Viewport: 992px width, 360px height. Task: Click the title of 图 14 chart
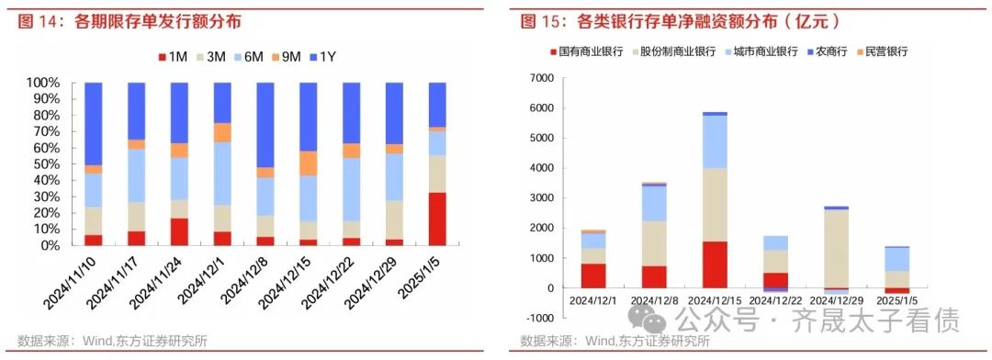(x=130, y=20)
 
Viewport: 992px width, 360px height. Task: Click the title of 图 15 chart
(x=681, y=20)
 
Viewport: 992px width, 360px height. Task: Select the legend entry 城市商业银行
(x=759, y=52)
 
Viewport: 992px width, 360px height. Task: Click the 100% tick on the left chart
(x=42, y=83)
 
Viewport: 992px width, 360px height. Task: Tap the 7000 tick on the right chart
(x=539, y=78)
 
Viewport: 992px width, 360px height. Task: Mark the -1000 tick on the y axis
(x=537, y=318)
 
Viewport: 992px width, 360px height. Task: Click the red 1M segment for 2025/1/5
(x=437, y=219)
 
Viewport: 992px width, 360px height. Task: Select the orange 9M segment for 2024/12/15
(x=308, y=163)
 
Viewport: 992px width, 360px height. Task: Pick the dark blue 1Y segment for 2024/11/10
(x=93, y=123)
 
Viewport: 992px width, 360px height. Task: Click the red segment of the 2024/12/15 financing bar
(x=716, y=264)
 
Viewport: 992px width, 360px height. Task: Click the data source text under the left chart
(x=112, y=342)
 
